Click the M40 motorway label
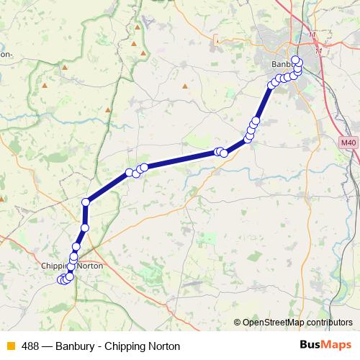pos(348,143)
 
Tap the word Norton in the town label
pos(90,266)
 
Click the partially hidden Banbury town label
pos(280,64)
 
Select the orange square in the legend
pos(10,346)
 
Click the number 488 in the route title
pos(30,346)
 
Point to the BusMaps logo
pos(327,346)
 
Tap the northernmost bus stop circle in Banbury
pos(295,59)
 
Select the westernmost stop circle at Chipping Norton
pos(61,280)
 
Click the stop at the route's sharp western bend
pos(86,202)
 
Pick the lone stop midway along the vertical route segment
pos(84,228)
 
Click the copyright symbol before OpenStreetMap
pos(237,323)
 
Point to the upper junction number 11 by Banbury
pos(311,34)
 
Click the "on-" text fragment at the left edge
pos(6,53)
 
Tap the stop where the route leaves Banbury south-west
pos(271,85)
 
